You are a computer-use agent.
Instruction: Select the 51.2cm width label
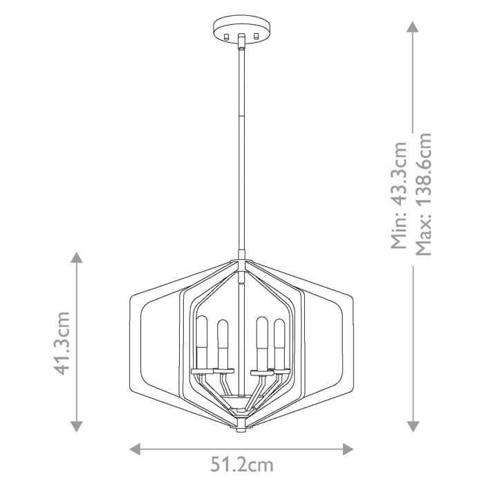[241, 464]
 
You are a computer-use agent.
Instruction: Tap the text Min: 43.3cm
[399, 196]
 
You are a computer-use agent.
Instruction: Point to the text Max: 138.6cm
[423, 194]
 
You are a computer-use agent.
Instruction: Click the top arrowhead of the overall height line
[412, 28]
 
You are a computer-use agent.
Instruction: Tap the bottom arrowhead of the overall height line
[412, 426]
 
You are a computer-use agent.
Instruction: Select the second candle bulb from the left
[223, 343]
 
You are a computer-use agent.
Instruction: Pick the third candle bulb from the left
[262, 343]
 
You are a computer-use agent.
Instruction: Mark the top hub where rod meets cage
[241, 263]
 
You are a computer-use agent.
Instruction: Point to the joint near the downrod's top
[241, 47]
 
